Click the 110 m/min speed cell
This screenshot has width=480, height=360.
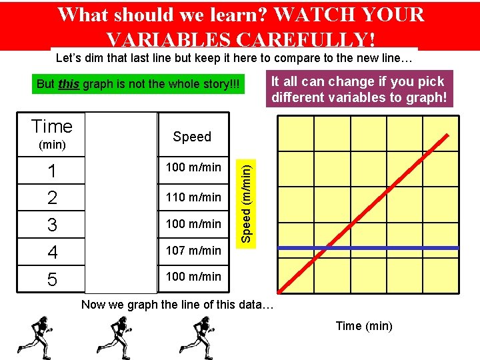click(193, 197)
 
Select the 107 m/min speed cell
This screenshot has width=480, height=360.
click(193, 251)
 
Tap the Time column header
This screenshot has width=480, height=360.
click(52, 127)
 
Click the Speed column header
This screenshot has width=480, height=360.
click(192, 137)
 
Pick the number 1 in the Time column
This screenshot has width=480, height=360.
click(52, 171)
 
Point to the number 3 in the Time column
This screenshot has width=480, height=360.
click(52, 225)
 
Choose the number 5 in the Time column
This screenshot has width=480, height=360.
click(52, 279)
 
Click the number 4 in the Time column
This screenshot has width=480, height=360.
click(52, 252)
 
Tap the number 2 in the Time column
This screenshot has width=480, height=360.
click(52, 198)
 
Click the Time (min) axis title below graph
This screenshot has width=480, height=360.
click(364, 326)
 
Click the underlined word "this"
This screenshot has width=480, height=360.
click(69, 85)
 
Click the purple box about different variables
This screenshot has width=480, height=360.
click(359, 89)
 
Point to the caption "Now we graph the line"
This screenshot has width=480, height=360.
click(176, 305)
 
